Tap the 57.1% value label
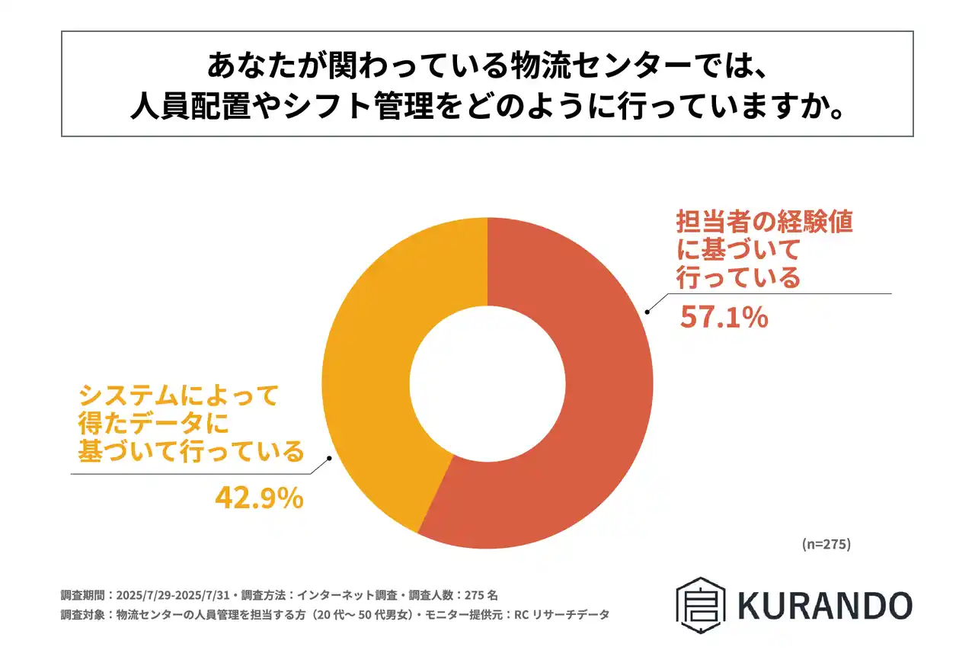click(723, 318)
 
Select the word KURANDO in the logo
click(824, 605)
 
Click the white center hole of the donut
click(487, 383)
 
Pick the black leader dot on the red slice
click(647, 311)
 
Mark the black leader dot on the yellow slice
click(329, 458)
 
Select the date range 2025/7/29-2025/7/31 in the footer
click(173, 594)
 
